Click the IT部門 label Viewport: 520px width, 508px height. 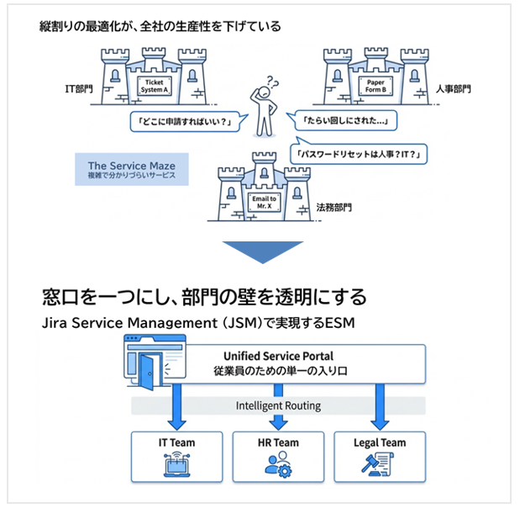[81, 88]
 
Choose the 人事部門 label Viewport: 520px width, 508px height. [454, 87]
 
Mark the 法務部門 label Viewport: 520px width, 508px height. [334, 207]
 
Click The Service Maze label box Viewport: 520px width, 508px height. [131, 168]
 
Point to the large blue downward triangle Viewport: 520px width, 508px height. [261, 252]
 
